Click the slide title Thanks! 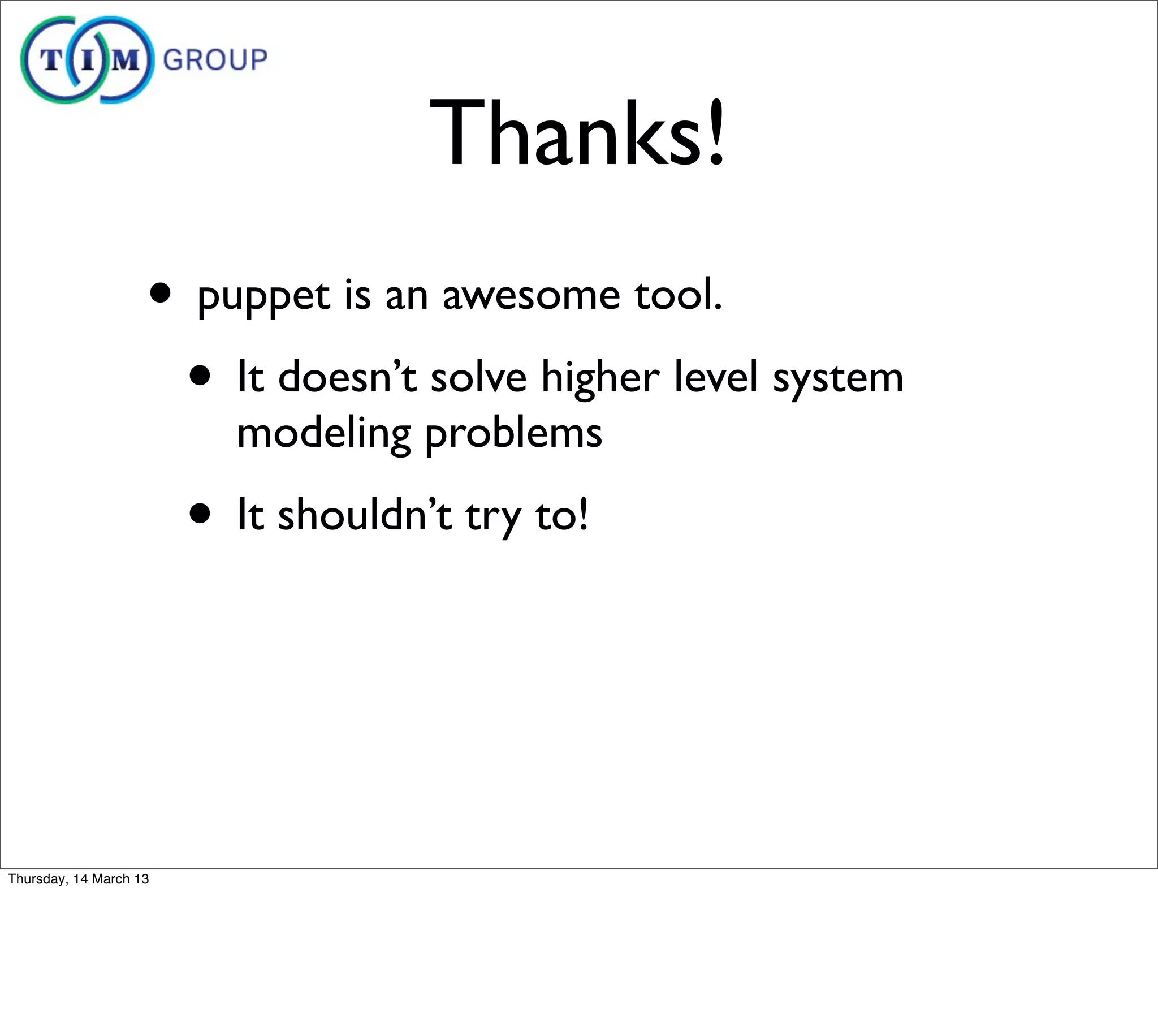(x=577, y=134)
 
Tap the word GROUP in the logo (x=215, y=60)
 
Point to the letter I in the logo (x=88, y=60)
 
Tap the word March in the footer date (x=111, y=878)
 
